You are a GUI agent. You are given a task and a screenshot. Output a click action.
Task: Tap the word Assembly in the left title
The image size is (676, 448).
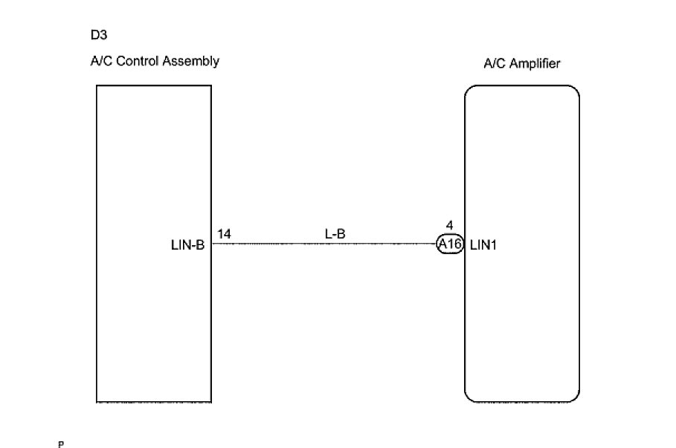(x=194, y=62)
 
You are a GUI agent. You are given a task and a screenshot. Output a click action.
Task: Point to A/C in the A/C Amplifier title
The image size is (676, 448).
(x=492, y=64)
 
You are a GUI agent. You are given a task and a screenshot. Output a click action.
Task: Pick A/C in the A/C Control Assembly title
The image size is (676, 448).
(x=99, y=61)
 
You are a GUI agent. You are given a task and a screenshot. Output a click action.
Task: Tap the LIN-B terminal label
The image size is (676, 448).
(x=187, y=244)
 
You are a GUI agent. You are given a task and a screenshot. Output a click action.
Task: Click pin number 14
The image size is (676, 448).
(x=224, y=234)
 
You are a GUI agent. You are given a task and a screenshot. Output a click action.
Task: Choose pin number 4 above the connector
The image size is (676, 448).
(x=449, y=225)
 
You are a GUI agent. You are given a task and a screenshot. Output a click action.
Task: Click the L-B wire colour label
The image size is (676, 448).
(x=335, y=234)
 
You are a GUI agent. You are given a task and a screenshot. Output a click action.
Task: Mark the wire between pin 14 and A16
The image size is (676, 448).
(x=327, y=243)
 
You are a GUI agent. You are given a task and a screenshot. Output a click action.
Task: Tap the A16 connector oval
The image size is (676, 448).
(x=450, y=244)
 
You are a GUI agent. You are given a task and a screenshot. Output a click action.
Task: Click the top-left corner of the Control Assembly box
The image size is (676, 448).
(x=97, y=85)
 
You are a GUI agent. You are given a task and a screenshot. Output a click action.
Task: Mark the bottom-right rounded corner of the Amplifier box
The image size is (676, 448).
(x=575, y=397)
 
